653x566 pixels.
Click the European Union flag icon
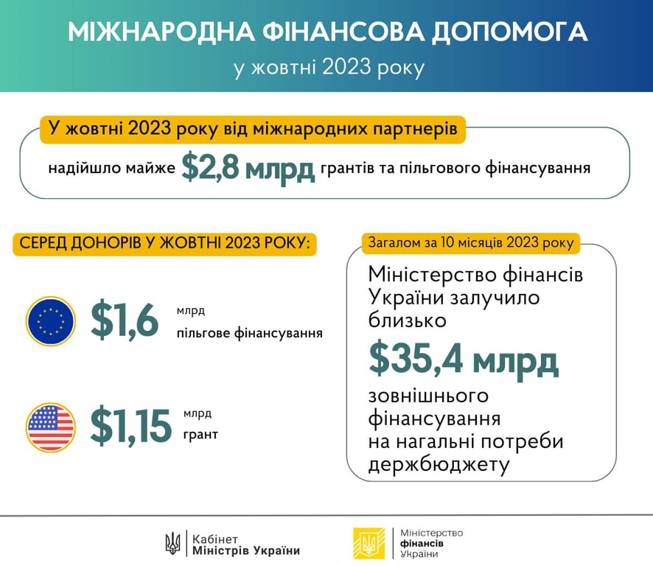50,321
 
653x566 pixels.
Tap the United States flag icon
50,427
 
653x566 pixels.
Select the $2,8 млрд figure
248,168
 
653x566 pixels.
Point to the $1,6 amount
124,320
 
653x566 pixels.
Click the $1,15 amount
130,426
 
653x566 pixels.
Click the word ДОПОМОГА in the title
509,32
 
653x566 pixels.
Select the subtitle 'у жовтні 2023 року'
329,68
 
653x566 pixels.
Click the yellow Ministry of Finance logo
369,542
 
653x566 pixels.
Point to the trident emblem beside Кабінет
172,543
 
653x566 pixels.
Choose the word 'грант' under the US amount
200,435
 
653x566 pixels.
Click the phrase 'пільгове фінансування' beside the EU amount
249,333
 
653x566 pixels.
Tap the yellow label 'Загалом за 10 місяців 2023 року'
471,242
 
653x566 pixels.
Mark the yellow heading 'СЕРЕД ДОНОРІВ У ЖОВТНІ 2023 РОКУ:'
165,243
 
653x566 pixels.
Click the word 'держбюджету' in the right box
439,465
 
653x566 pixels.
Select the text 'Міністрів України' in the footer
246,551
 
